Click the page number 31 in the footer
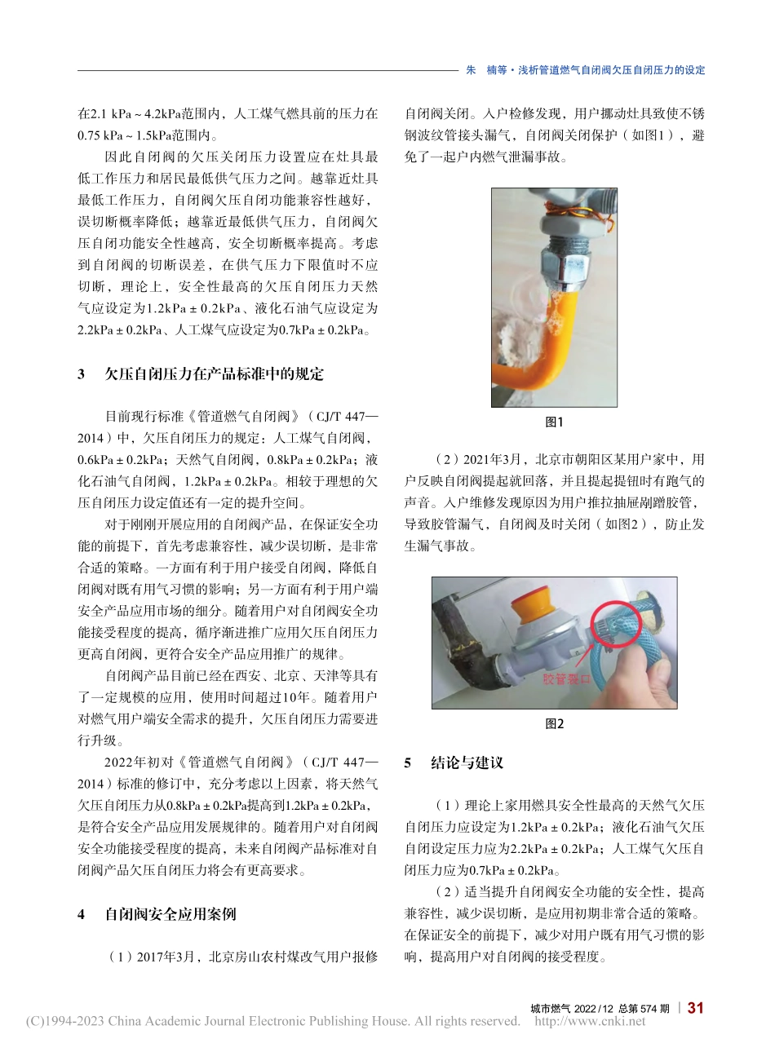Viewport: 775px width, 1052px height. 695,1008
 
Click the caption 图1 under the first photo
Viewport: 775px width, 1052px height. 554,422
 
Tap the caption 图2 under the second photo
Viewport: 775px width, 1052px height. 554,724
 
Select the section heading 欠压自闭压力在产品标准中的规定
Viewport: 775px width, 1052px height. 214,374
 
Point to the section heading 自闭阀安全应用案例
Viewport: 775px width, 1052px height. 170,914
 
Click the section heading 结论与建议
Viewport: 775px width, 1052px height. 467,763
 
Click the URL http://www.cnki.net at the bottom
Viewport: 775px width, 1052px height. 589,1022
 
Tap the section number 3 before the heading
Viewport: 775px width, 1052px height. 82,374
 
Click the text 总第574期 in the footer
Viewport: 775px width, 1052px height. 644,1009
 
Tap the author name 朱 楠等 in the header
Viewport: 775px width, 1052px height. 486,70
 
